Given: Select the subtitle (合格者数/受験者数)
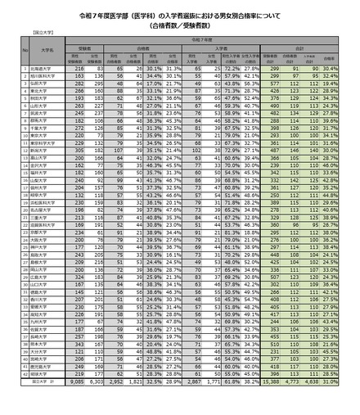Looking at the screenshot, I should [180, 25].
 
